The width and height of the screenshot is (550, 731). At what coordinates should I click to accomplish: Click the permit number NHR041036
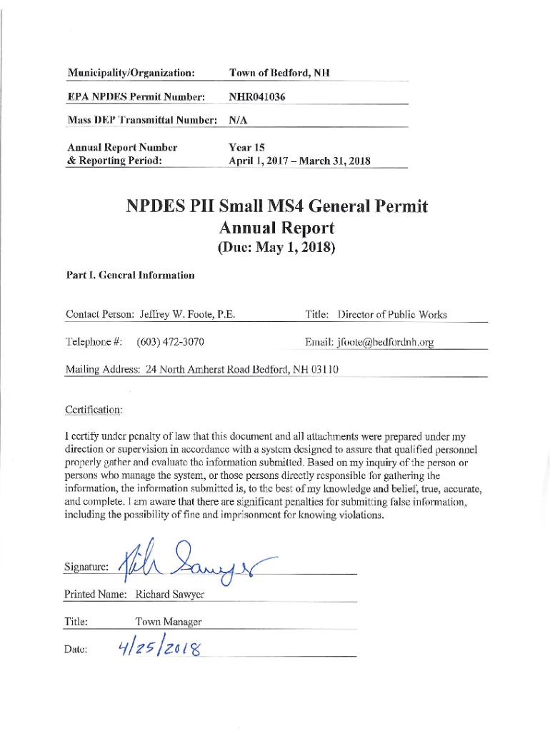click(257, 96)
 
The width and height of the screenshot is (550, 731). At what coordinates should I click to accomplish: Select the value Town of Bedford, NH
click(279, 73)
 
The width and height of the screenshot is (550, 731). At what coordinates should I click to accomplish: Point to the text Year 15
click(246, 147)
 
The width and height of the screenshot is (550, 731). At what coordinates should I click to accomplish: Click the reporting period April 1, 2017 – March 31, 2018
click(299, 161)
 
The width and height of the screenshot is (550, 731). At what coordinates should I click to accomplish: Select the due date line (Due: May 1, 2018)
click(276, 248)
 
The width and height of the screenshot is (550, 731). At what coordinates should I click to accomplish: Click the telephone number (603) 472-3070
click(171, 342)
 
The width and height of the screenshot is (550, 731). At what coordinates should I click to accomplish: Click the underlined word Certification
click(94, 410)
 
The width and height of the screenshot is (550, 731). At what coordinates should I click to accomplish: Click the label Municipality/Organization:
click(131, 73)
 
